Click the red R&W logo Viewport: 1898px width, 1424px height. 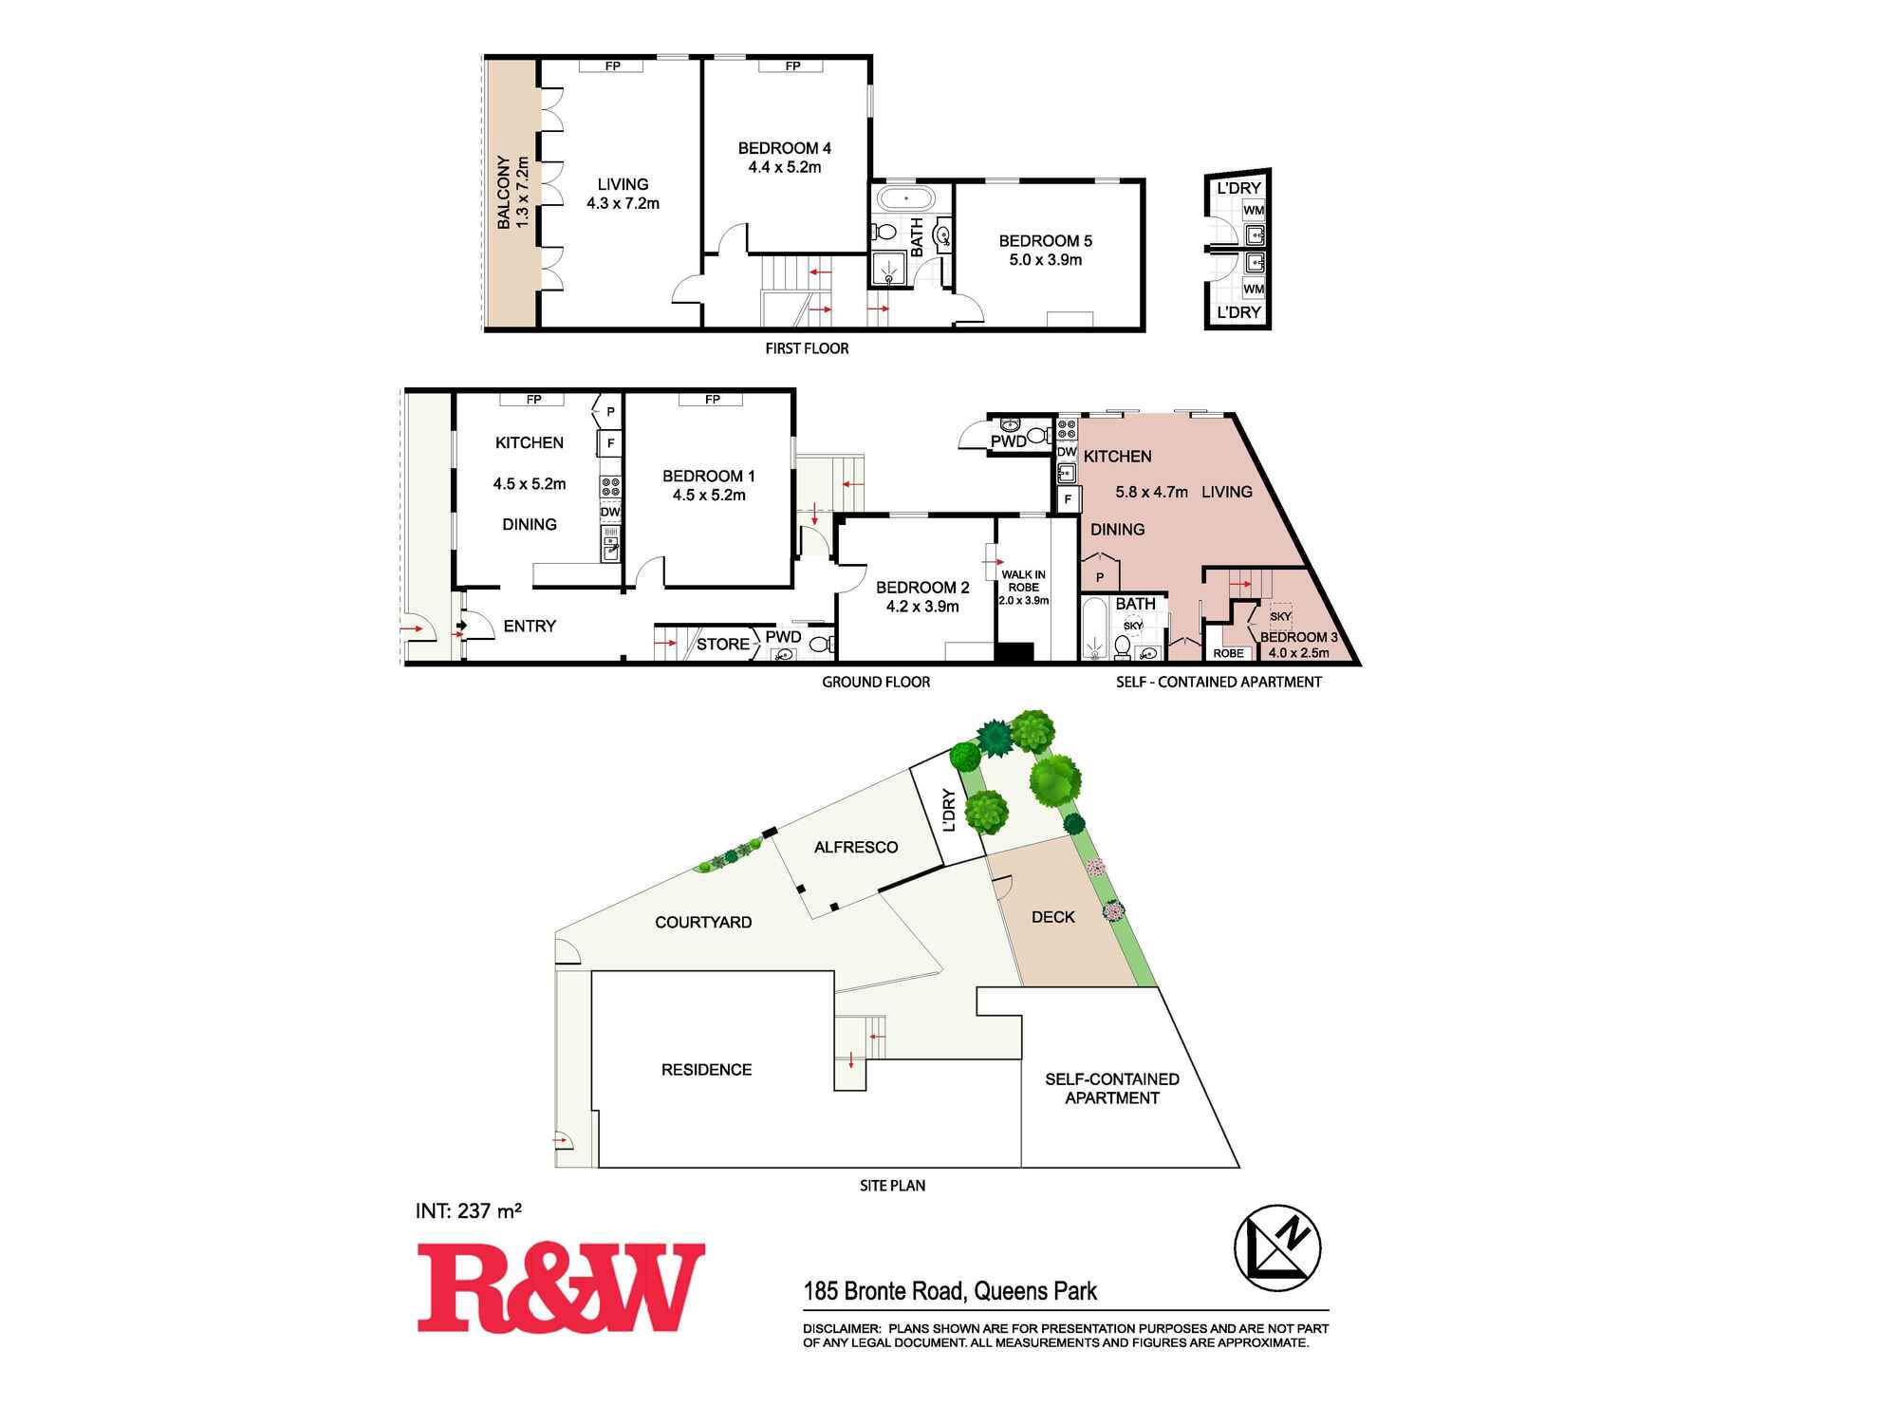pyautogui.click(x=561, y=1288)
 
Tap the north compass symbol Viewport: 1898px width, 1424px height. pyautogui.click(x=1277, y=1247)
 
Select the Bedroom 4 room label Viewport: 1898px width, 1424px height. pyautogui.click(x=784, y=148)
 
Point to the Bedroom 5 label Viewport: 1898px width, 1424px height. pyautogui.click(x=1045, y=241)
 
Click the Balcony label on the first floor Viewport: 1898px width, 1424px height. pyautogui.click(x=504, y=193)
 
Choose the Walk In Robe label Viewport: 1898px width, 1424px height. pyautogui.click(x=1023, y=581)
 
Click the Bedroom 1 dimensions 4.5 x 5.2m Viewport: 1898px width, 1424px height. pyautogui.click(x=709, y=496)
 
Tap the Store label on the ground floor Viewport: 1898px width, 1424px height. pyautogui.click(x=722, y=645)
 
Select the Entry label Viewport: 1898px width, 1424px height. pyautogui.click(x=530, y=627)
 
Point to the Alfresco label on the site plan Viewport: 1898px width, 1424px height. pyautogui.click(x=856, y=847)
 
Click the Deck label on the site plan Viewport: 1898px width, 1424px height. pyautogui.click(x=1053, y=917)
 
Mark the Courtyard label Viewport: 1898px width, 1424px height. pyautogui.click(x=703, y=922)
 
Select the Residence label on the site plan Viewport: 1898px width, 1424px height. pyautogui.click(x=706, y=1070)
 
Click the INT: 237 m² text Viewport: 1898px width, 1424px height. pyautogui.click(x=469, y=1211)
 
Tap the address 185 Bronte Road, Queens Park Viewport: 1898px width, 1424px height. pyautogui.click(x=950, y=1291)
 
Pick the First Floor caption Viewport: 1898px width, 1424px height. pyautogui.click(x=807, y=348)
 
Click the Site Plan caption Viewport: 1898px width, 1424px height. pyautogui.click(x=892, y=1186)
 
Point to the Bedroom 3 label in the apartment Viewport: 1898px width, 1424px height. pyautogui.click(x=1298, y=637)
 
